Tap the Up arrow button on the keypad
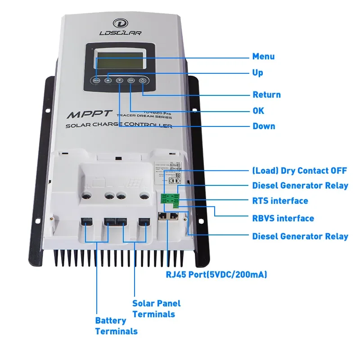108,80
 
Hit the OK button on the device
131,80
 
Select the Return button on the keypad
143,80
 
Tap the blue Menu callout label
263,57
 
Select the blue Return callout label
266,95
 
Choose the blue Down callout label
264,126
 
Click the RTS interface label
280,201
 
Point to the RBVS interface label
283,218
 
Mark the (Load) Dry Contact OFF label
300,171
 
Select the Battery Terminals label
116,326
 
